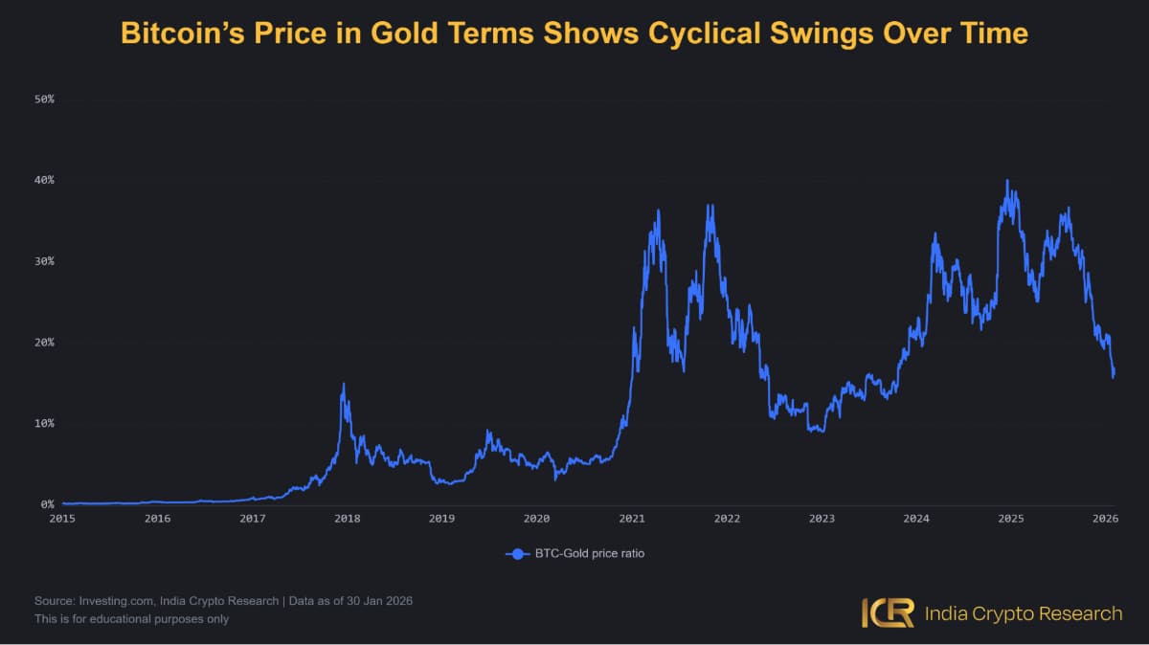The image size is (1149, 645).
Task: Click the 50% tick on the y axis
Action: pos(44,100)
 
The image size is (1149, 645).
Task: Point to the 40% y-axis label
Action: pos(44,180)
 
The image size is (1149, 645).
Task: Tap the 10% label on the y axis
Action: pos(44,423)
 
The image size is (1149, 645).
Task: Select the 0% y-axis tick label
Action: pos(47,504)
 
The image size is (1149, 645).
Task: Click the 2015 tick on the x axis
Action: pos(62,519)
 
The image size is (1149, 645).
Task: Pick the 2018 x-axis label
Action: pos(347,519)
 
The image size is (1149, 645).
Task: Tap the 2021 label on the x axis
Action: pos(631,519)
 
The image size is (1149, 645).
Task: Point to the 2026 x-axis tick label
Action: pos(1106,519)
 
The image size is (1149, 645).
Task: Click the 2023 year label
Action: pos(821,519)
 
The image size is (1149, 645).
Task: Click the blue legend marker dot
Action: pos(518,554)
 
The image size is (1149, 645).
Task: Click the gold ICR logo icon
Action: pos(887,613)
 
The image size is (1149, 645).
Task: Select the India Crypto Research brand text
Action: pos(1023,613)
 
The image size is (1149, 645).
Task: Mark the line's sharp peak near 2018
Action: pos(343,384)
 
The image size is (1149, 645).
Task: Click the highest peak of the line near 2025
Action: pos(1006,180)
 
